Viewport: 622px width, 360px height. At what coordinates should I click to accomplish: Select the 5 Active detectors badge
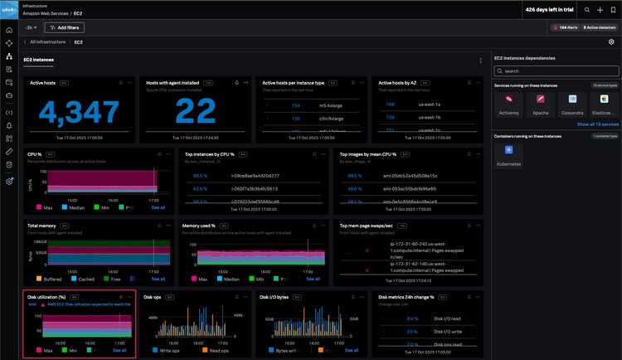[599, 27]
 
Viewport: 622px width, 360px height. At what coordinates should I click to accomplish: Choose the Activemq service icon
[508, 102]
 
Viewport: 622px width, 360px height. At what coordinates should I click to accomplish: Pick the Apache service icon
[539, 102]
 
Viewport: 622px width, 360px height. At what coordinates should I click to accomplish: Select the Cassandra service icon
[571, 102]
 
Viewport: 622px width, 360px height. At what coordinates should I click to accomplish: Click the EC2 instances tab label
[40, 60]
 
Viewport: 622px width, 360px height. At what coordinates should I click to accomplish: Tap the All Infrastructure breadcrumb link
[51, 41]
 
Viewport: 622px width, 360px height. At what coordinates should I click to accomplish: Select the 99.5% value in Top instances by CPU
[200, 176]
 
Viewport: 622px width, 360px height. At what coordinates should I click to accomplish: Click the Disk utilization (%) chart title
[47, 296]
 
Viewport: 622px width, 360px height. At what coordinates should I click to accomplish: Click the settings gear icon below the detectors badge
[611, 41]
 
